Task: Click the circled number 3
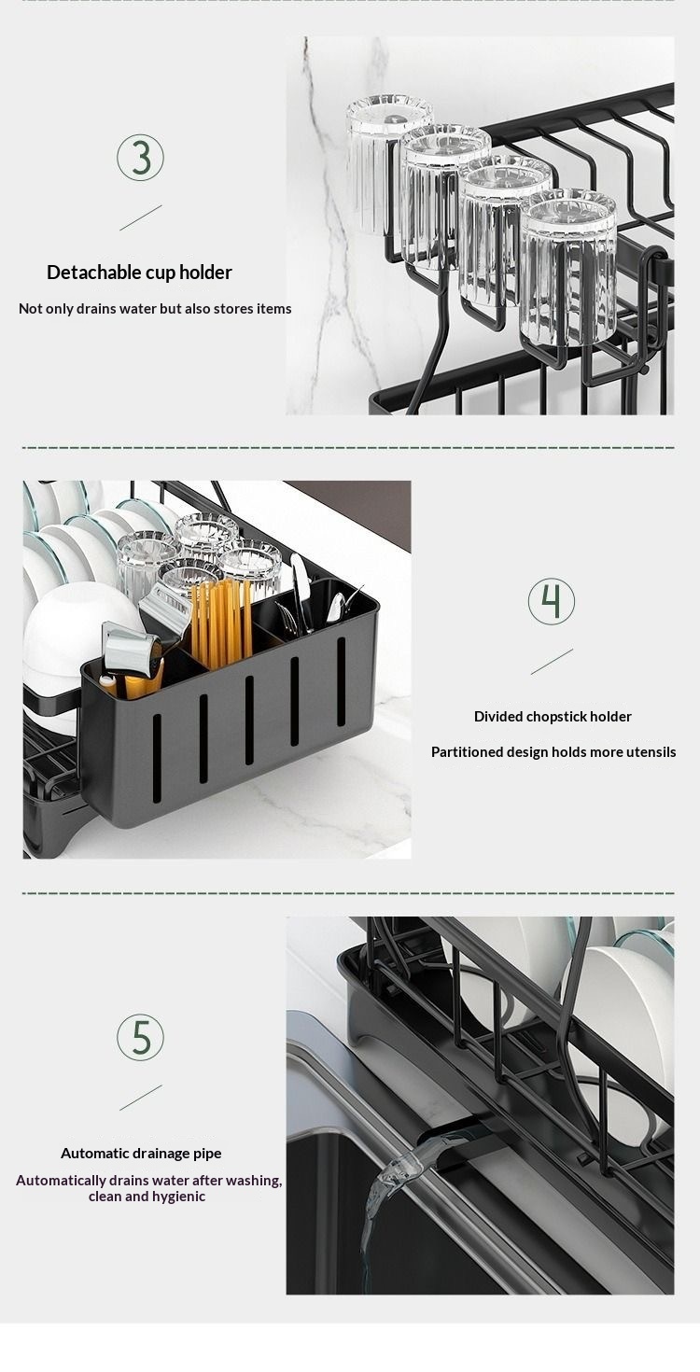pyautogui.click(x=140, y=158)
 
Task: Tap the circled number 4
pyautogui.click(x=552, y=601)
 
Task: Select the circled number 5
pyautogui.click(x=140, y=1037)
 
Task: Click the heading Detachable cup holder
pyautogui.click(x=140, y=273)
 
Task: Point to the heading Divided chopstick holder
pyautogui.click(x=553, y=717)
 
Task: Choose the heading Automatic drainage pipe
pyautogui.click(x=141, y=1154)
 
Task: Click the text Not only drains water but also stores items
pyautogui.click(x=155, y=309)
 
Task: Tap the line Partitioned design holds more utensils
pyautogui.click(x=553, y=752)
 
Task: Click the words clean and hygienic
pyautogui.click(x=147, y=1197)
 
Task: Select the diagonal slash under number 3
pyautogui.click(x=141, y=217)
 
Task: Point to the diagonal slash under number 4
pyautogui.click(x=552, y=662)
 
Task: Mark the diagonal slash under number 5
pyautogui.click(x=141, y=1098)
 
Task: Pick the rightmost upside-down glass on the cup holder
pyautogui.click(x=568, y=266)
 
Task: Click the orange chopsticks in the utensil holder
pyautogui.click(x=222, y=624)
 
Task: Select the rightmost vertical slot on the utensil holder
pyautogui.click(x=341, y=681)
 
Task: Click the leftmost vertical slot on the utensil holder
pyautogui.click(x=157, y=758)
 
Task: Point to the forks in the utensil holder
pyautogui.click(x=288, y=618)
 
